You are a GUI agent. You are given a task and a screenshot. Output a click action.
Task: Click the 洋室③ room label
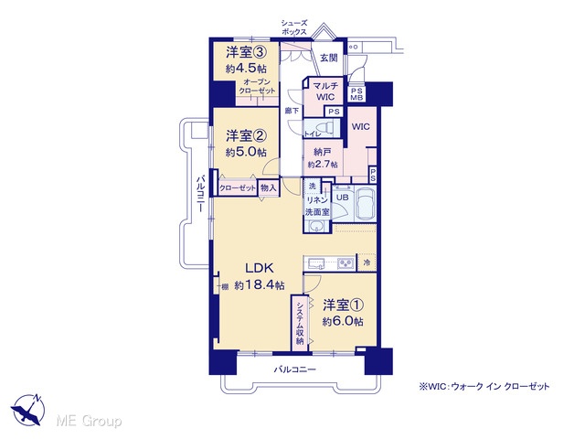[x=246, y=53]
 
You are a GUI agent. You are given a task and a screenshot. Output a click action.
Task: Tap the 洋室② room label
[x=246, y=136]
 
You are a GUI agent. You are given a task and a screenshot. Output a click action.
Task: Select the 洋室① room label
[x=343, y=305]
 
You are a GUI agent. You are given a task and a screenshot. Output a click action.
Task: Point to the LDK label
[x=260, y=268]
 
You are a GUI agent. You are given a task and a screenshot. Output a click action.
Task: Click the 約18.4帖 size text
[x=260, y=285]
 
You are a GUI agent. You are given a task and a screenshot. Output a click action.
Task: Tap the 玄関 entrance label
[x=329, y=58]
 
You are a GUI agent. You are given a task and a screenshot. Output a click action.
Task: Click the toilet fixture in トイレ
[x=324, y=126]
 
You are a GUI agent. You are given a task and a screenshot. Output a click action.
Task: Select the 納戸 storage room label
[x=323, y=152]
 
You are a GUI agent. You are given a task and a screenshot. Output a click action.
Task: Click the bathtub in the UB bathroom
[x=366, y=204]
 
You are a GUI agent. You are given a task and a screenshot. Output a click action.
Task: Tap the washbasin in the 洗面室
[x=317, y=226]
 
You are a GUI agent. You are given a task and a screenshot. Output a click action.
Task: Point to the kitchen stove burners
[x=346, y=263]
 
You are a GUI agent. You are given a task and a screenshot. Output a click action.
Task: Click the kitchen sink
[x=316, y=262]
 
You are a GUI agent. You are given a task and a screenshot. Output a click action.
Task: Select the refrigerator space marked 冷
[x=367, y=262]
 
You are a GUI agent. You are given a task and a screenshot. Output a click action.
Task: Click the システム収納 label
[x=300, y=323]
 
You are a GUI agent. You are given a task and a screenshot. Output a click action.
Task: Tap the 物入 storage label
[x=268, y=188]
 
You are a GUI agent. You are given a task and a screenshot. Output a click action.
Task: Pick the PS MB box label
[x=356, y=94]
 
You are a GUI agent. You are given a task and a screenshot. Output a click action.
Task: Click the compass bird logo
[x=28, y=410]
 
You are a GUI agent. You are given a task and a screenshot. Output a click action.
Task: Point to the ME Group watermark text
[x=89, y=421]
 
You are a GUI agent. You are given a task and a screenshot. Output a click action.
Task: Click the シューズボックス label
[x=294, y=27]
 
